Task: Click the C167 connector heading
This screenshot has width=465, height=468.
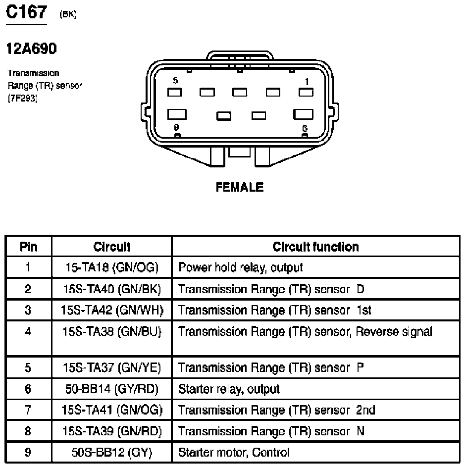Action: [26, 12]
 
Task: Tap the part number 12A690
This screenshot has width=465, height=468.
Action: [31, 49]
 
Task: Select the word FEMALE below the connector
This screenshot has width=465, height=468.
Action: [240, 187]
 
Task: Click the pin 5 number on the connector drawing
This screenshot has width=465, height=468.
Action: [175, 80]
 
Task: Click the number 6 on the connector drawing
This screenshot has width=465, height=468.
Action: [305, 128]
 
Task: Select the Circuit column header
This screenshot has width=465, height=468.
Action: [112, 247]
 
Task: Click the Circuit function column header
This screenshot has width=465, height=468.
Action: [315, 247]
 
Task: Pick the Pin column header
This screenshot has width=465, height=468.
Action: [28, 247]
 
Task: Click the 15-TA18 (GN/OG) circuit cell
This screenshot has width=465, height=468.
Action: [112, 268]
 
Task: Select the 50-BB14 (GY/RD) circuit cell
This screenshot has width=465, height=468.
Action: [112, 389]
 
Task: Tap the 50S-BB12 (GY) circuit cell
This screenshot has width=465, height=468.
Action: [112, 452]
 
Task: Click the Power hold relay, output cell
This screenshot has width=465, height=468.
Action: [240, 268]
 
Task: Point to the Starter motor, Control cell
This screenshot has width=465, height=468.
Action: [234, 452]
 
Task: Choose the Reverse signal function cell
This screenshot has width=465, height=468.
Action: [305, 332]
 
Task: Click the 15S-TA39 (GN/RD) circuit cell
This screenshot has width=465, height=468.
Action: [112, 431]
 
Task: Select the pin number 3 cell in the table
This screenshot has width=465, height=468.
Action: [28, 311]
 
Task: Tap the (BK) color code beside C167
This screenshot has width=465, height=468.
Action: [67, 15]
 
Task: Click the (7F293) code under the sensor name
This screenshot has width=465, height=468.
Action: [22, 98]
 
